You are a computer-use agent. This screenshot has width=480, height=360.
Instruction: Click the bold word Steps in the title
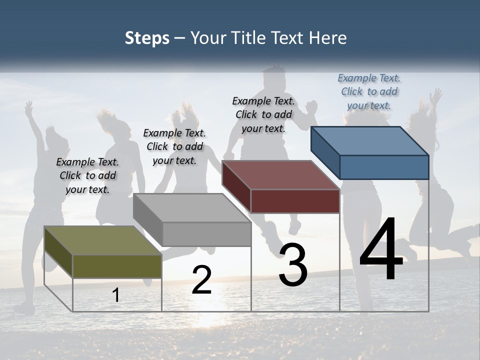[147, 38]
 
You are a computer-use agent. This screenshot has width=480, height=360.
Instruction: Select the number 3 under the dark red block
[293, 265]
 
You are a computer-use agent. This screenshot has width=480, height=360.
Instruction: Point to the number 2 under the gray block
[201, 280]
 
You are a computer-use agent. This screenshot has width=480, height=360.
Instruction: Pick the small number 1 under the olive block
[116, 295]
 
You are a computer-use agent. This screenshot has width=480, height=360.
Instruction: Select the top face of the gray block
[192, 208]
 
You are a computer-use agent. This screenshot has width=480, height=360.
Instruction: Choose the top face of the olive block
[103, 240]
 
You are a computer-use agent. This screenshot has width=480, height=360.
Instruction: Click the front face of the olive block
[117, 266]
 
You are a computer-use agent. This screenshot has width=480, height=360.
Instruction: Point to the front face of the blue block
[384, 167]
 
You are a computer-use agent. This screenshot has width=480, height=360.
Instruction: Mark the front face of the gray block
[206, 234]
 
